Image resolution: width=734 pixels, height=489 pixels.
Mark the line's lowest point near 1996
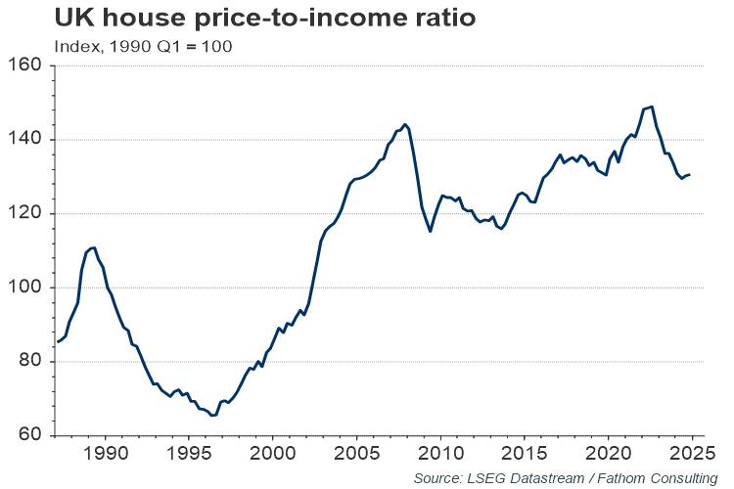click(x=212, y=416)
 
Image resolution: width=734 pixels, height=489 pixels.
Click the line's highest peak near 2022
click(x=652, y=107)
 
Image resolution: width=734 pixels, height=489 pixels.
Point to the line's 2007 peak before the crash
click(x=405, y=124)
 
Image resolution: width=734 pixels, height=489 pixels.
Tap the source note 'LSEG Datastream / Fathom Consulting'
click(x=565, y=477)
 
